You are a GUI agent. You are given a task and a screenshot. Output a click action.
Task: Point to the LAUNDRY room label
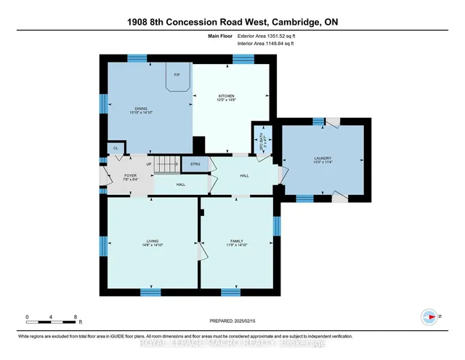pos(323,159)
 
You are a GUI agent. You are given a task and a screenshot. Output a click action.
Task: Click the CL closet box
pos(115,148)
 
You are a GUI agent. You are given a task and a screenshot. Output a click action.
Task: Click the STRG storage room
pos(195,165)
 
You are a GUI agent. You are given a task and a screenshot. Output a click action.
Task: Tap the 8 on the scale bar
pos(76,316)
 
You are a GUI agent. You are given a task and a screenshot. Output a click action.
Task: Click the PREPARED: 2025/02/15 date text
pos(232,321)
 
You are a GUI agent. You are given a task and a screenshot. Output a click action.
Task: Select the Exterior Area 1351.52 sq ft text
pos(253,37)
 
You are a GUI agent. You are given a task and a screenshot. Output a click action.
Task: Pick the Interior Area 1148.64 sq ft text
pos(253,44)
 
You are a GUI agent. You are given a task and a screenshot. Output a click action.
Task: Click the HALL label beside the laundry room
pos(244,175)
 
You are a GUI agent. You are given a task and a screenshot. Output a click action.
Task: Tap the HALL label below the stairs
pos(181,185)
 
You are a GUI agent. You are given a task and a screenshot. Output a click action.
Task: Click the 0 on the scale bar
pos(27,316)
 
